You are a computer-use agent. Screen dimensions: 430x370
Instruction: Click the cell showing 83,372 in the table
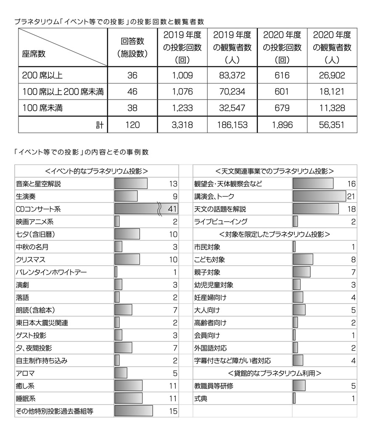(233, 76)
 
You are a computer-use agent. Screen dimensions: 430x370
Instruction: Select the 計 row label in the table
(99, 125)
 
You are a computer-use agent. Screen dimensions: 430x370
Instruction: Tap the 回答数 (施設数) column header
(132, 47)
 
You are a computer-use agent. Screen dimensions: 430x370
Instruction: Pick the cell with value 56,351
(332, 125)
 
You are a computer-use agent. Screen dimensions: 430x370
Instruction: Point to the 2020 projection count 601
(282, 92)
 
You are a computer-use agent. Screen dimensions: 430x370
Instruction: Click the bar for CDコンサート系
(146, 209)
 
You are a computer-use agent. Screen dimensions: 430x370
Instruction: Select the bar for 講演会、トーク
(319, 196)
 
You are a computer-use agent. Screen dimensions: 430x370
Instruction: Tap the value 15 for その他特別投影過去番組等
(173, 411)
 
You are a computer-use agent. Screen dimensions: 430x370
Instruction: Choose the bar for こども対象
(303, 260)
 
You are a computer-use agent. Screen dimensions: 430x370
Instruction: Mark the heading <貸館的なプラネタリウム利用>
(275, 373)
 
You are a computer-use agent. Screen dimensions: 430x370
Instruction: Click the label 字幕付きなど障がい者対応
(233, 360)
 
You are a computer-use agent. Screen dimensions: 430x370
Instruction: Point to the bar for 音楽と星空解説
(131, 184)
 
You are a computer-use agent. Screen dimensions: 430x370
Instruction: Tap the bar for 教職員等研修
(299, 385)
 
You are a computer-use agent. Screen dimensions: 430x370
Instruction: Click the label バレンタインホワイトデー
(51, 272)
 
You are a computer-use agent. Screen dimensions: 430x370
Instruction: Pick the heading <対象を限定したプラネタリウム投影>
(275, 234)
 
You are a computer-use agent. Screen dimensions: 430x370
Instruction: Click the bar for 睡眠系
(128, 398)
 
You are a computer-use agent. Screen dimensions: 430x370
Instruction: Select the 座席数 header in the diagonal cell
(34, 54)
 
